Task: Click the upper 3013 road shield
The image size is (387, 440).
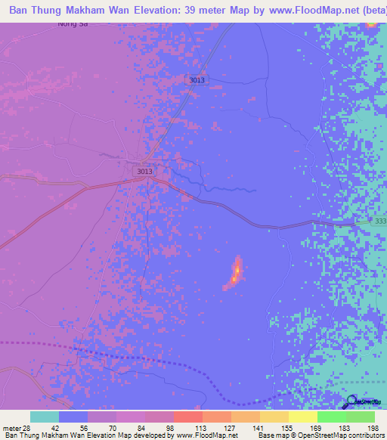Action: (x=198, y=80)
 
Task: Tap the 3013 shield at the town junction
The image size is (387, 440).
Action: (x=145, y=172)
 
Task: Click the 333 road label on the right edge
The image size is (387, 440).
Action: (x=380, y=220)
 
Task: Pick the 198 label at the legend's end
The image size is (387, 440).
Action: (x=372, y=428)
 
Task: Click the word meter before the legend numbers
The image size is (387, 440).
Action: (x=10, y=428)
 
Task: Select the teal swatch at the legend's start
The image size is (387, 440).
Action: (x=45, y=417)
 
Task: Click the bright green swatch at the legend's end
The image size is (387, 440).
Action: (x=361, y=417)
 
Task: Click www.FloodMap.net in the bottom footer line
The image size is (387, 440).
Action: (x=205, y=435)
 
